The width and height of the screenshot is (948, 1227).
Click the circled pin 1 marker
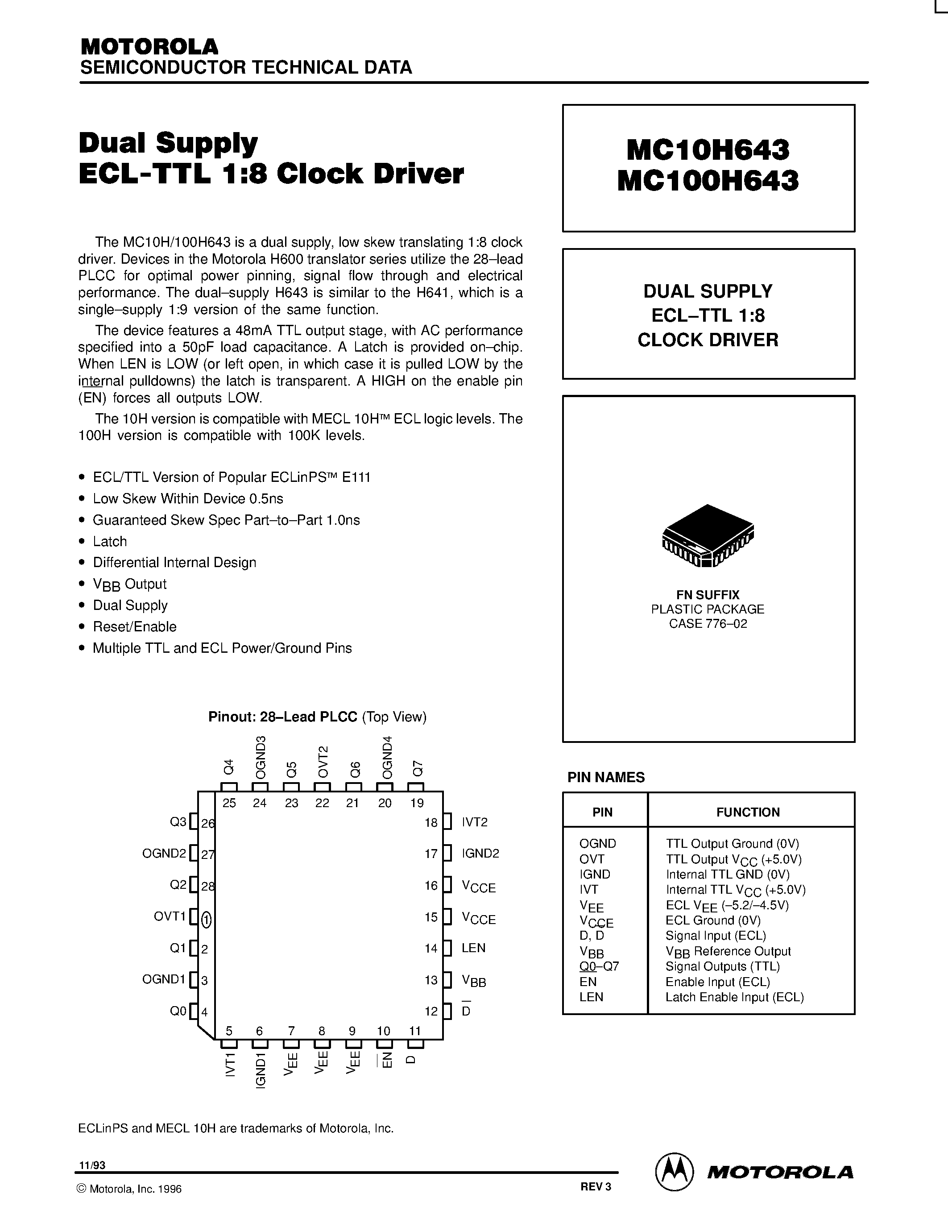[206, 920]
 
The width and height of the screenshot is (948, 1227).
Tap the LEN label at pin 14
[473, 948]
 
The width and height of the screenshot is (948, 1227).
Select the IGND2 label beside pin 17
[480, 854]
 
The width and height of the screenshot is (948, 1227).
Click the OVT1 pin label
[170, 916]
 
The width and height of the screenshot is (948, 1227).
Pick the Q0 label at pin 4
[178, 1011]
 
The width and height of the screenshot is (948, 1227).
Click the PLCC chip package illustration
[708, 535]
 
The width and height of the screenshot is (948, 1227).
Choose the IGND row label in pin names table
[595, 874]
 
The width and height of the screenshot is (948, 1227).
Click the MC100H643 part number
[708, 181]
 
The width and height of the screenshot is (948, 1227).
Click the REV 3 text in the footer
[595, 1186]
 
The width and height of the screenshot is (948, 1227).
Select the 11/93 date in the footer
[92, 1165]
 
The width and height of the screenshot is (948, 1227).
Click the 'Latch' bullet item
[110, 542]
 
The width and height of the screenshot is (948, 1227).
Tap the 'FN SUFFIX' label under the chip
[708, 594]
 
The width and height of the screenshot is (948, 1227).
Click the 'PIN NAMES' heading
[606, 778]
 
